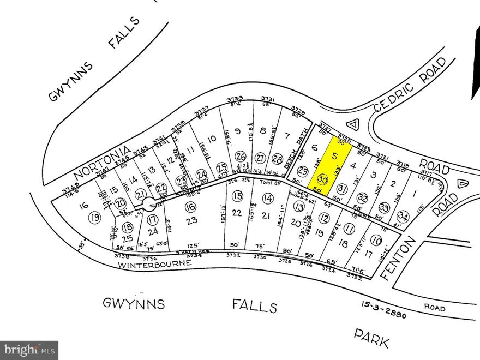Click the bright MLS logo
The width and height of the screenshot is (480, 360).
point(29,350)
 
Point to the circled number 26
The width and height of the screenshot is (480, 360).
point(241,157)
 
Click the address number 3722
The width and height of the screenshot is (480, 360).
point(355,276)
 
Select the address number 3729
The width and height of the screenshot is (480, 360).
point(298,109)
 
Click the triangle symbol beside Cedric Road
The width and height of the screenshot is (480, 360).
point(354,124)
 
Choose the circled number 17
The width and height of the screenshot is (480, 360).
point(152,221)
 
